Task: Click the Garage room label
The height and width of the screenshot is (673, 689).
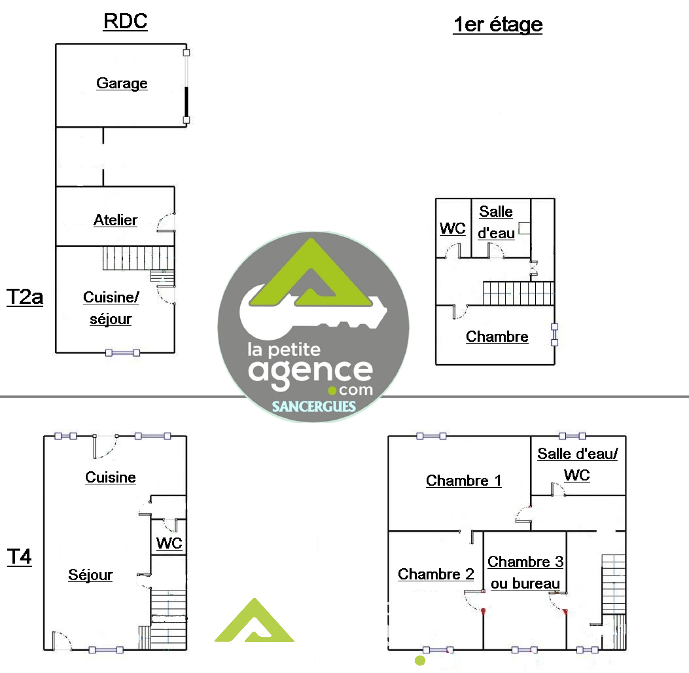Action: (x=122, y=83)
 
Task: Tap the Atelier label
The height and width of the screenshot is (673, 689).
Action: (x=115, y=220)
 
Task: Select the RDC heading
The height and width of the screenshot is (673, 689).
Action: (x=125, y=21)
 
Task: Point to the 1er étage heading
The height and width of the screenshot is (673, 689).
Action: (x=498, y=25)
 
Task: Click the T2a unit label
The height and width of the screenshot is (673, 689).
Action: (x=25, y=297)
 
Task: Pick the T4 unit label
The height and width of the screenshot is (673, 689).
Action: (x=19, y=556)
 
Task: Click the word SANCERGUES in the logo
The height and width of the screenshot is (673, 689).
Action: (x=314, y=406)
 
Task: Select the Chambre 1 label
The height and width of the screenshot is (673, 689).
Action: (x=464, y=480)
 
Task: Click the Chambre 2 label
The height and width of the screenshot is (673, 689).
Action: (x=436, y=574)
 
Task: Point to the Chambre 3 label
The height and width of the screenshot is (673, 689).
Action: (x=525, y=561)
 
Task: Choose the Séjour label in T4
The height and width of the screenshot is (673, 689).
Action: (x=90, y=575)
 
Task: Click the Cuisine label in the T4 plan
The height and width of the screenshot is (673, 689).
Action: (x=110, y=477)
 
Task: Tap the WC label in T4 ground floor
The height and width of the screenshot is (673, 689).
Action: (x=169, y=543)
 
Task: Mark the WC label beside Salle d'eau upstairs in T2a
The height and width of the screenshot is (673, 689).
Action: (x=453, y=228)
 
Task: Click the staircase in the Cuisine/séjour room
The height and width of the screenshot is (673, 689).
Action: (x=138, y=258)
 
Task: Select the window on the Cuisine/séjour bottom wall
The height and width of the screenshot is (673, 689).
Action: (x=123, y=353)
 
